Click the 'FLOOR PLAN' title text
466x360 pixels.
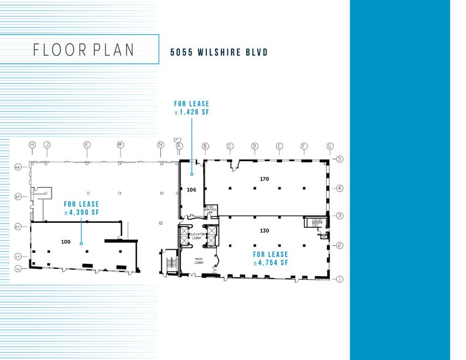point(84,50)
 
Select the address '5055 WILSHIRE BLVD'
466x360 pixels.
point(219,53)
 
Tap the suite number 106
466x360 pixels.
point(191,190)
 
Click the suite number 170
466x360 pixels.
point(265,179)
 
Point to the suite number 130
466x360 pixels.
point(265,230)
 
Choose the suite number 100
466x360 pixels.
point(66,241)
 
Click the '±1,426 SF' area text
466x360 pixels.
point(192,113)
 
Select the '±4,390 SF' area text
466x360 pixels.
point(81,212)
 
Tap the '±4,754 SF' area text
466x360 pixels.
point(270,263)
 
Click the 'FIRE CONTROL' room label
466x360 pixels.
point(211,209)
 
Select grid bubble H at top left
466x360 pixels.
point(32,145)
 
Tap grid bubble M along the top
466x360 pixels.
point(120,145)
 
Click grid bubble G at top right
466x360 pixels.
point(330,146)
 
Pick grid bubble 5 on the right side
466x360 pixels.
point(339,159)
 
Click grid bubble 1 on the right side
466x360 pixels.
point(339,278)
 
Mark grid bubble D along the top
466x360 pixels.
point(254,146)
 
